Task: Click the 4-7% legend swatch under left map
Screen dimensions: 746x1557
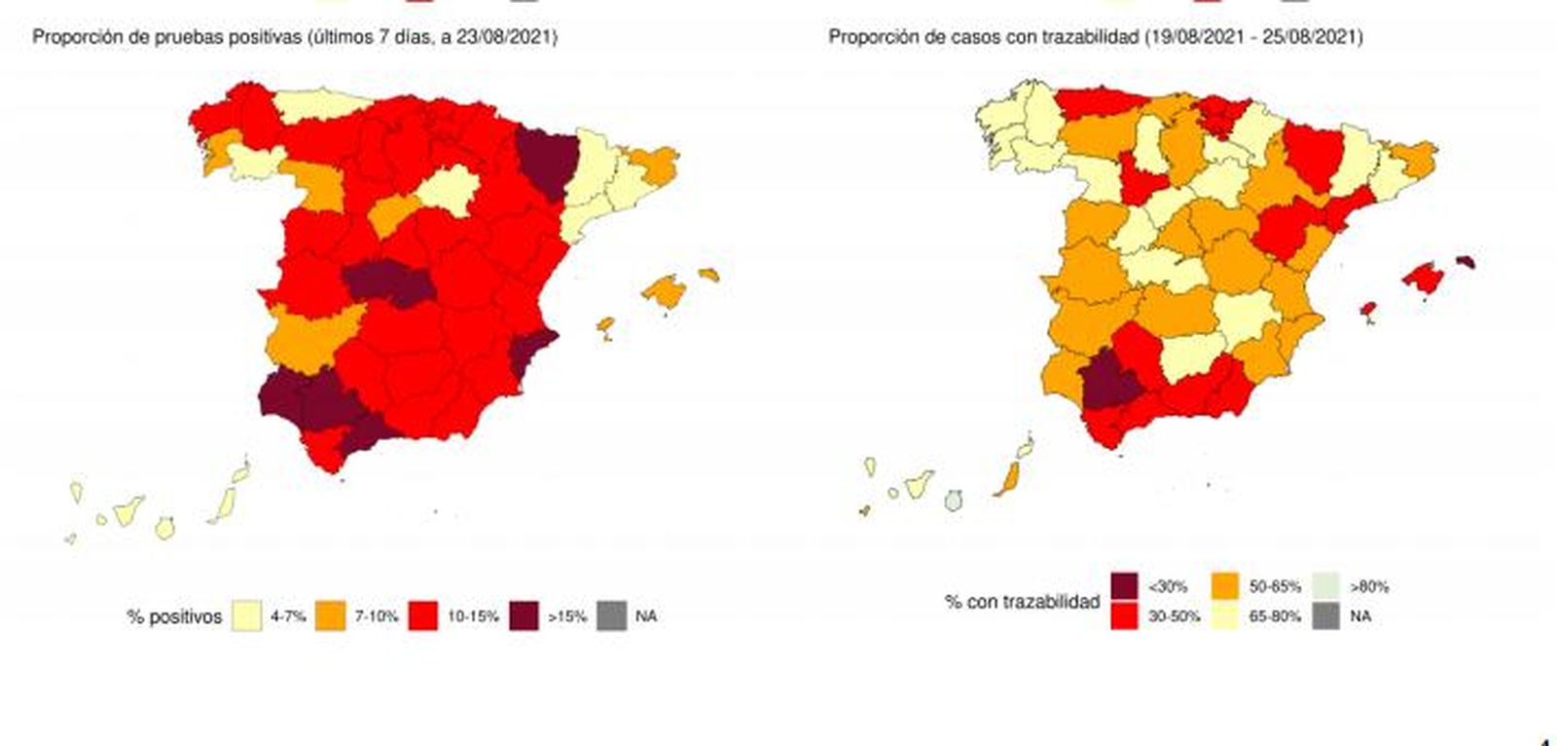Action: pyautogui.click(x=247, y=616)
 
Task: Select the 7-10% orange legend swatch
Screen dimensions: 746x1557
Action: pyautogui.click(x=331, y=616)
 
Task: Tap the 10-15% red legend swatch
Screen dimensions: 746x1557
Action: pyautogui.click(x=422, y=616)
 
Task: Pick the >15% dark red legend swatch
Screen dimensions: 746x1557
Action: pyautogui.click(x=525, y=616)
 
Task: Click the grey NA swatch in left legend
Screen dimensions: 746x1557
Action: pyautogui.click(x=612, y=616)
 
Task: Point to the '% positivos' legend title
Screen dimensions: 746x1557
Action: pyautogui.click(x=174, y=616)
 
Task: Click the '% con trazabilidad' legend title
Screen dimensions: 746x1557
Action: pyautogui.click(x=1021, y=602)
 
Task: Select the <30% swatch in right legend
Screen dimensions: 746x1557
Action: pyautogui.click(x=1124, y=586)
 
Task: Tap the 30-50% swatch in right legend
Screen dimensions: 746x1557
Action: pyautogui.click(x=1124, y=616)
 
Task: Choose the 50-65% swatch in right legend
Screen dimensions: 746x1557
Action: pyautogui.click(x=1225, y=586)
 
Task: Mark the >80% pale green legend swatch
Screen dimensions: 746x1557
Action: pyautogui.click(x=1326, y=586)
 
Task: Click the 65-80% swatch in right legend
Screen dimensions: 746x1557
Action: pyautogui.click(x=1225, y=616)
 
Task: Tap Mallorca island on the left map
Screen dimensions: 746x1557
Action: pyautogui.click(x=665, y=291)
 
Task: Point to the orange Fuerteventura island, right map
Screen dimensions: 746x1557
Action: pyautogui.click(x=1006, y=479)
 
